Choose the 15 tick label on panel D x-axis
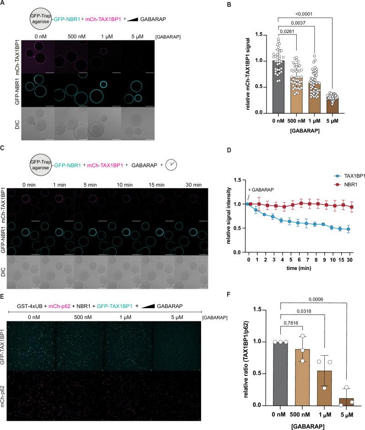[342, 261]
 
